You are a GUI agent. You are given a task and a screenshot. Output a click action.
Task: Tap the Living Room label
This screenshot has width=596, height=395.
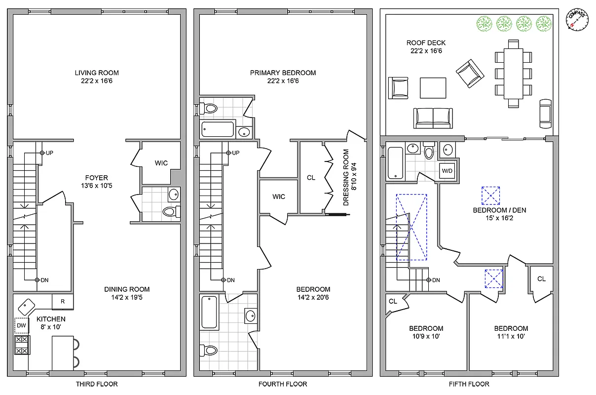tap(97, 73)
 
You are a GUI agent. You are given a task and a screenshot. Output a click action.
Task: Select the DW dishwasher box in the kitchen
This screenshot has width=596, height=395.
tap(22, 325)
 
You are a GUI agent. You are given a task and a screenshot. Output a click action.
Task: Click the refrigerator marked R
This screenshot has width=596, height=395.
tap(63, 301)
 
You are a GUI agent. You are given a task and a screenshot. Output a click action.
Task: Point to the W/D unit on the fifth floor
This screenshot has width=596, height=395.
tap(447, 171)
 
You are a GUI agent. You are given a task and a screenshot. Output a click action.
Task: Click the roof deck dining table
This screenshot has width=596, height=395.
tap(513, 73)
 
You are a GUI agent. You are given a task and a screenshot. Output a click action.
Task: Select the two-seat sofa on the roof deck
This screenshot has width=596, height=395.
tap(433, 117)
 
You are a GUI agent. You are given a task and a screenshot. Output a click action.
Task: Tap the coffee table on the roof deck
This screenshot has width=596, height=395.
tap(433, 88)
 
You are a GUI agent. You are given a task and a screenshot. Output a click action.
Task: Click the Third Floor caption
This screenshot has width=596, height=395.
tap(97, 384)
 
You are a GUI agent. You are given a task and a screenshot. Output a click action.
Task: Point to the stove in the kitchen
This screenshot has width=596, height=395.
tap(22, 345)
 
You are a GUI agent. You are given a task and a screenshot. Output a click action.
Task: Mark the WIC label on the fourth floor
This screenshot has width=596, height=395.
tap(279, 197)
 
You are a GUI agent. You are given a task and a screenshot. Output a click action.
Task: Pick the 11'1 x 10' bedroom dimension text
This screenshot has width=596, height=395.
tap(511, 336)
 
